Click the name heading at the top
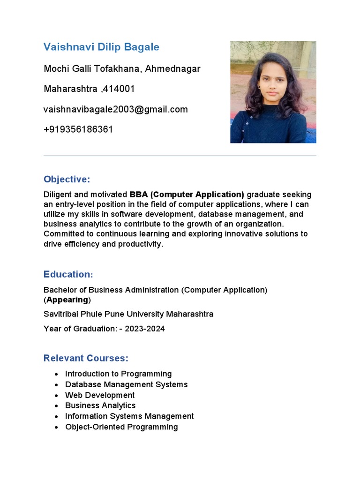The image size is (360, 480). tap(101, 47)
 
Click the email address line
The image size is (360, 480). tap(116, 109)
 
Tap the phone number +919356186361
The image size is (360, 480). tap(78, 129)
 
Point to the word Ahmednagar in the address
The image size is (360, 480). tap(172, 69)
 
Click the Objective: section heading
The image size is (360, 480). tap(67, 180)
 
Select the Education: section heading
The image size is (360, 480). tap(68, 274)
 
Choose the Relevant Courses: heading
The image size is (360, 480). tap(86, 358)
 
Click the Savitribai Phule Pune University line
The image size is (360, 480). tap(128, 314)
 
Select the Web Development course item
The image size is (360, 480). tap(100, 395)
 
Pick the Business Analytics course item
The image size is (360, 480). tap(100, 405)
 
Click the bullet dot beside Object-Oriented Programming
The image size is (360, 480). tap(56, 427)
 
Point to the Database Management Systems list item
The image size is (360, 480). tap(126, 384)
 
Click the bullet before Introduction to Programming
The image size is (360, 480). tap(56, 374)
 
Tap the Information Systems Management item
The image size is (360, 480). tap(129, 416)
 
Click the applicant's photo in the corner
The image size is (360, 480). tap(273, 92)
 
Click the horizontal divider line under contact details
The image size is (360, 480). tap(180, 156)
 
